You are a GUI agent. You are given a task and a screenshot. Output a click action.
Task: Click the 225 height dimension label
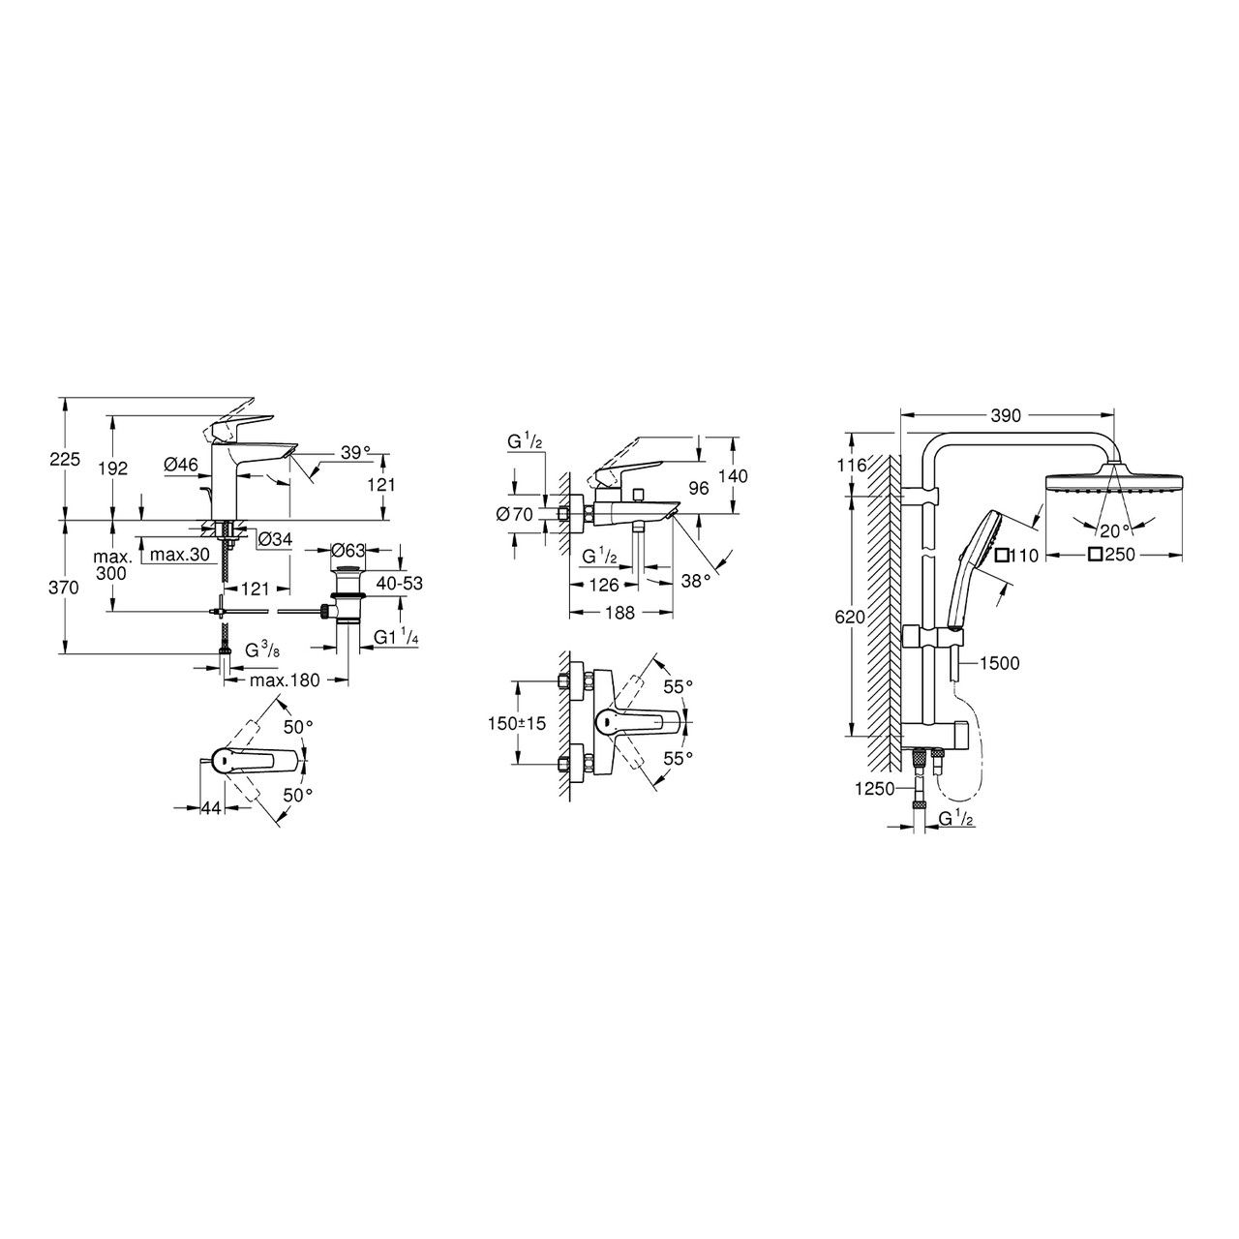point(65,459)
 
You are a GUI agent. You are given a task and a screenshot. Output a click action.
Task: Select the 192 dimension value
point(113,468)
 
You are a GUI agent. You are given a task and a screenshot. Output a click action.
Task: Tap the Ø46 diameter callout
point(181,465)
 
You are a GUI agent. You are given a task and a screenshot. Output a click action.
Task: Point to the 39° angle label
point(356,452)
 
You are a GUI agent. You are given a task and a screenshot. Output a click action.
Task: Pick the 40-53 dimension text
point(399,584)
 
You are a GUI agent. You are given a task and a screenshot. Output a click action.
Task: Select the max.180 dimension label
point(285,680)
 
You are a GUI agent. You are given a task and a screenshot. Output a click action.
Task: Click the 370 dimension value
point(65,587)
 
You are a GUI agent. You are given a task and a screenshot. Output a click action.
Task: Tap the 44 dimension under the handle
point(212,808)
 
